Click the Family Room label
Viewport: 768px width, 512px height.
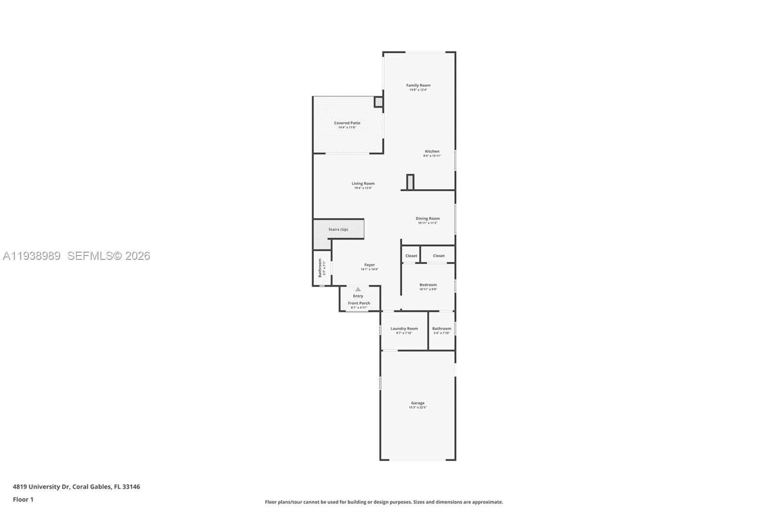click(x=418, y=85)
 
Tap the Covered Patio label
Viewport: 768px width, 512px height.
click(x=347, y=123)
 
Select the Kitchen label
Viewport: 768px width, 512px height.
click(x=432, y=151)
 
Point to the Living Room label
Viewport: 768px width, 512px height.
click(x=363, y=183)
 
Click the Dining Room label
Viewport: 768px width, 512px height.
click(x=428, y=219)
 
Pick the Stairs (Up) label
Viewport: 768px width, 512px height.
click(x=338, y=230)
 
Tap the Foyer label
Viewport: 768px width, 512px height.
click(x=370, y=265)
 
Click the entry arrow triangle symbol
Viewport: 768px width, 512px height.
click(x=358, y=289)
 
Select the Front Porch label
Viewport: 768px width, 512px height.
click(x=359, y=303)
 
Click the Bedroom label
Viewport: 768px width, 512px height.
click(x=428, y=285)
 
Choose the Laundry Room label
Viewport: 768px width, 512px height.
click(x=404, y=329)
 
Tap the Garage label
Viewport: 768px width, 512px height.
click(x=418, y=403)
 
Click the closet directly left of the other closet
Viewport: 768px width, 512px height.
click(x=411, y=256)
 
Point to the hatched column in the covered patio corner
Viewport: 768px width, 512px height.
click(x=378, y=102)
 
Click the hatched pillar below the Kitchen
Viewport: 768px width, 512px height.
click(x=410, y=182)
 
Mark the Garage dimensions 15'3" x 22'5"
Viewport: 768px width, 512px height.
click(x=418, y=408)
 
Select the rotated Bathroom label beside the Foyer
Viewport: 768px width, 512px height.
click(x=320, y=268)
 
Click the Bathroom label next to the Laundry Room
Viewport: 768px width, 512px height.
click(x=442, y=329)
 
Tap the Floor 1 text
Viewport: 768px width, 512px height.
click(x=23, y=500)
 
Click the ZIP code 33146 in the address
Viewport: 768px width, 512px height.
click(x=131, y=487)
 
